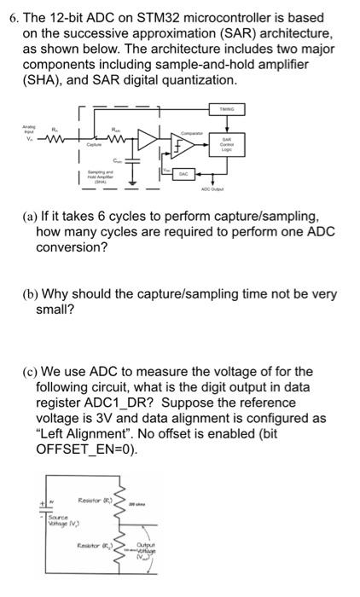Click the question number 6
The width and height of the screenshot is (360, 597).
pyautogui.click(x=11, y=17)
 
